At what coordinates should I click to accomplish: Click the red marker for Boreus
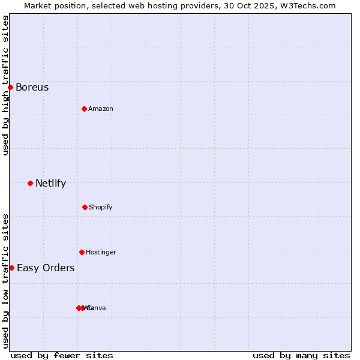click(10, 87)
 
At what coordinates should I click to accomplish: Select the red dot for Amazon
click(84, 109)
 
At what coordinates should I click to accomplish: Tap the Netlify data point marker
click(30, 183)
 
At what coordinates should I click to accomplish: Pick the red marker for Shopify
click(85, 207)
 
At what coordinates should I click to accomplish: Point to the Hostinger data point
click(82, 252)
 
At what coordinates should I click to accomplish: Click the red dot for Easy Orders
click(11, 268)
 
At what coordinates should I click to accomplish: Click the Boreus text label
click(32, 87)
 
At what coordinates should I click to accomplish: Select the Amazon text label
click(101, 109)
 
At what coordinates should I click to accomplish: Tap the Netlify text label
click(50, 183)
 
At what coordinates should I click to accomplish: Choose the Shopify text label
click(101, 207)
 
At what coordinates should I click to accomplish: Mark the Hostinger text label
click(101, 252)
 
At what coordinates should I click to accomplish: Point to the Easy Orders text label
click(46, 268)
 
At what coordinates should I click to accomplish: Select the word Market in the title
click(38, 5)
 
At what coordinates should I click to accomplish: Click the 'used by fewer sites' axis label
click(62, 355)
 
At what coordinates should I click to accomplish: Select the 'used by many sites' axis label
click(301, 355)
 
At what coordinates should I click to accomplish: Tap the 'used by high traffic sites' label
click(5, 85)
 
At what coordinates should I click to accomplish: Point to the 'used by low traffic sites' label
click(5, 281)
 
